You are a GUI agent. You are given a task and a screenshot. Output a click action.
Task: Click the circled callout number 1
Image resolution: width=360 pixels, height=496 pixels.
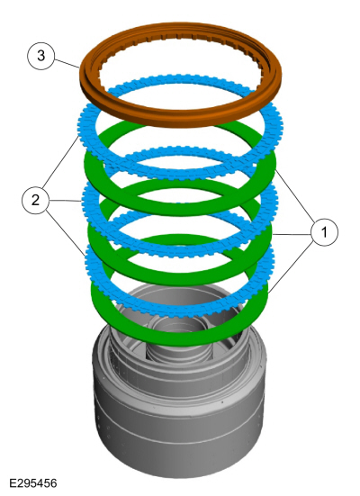click(324, 232)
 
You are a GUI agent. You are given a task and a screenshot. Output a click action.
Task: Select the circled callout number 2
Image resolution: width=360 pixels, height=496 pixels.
click(35, 200)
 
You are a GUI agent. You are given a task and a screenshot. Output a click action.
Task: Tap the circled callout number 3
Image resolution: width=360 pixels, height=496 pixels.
click(41, 56)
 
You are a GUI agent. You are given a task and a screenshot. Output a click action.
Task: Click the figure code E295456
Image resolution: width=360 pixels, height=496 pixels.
click(33, 483)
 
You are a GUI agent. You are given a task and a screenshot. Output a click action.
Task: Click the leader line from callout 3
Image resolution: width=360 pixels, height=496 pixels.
click(67, 63)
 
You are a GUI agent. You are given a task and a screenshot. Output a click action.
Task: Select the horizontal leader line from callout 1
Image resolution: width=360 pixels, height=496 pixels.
click(292, 234)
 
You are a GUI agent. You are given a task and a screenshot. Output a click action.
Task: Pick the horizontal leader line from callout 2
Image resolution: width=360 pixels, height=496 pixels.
click(65, 201)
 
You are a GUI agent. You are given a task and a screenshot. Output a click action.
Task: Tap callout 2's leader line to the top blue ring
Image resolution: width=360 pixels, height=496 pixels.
click(60, 162)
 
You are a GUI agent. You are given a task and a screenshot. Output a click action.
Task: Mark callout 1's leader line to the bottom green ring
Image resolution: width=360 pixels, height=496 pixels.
click(292, 266)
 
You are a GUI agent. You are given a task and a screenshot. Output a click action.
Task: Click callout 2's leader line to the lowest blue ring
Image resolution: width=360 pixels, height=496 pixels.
click(66, 232)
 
